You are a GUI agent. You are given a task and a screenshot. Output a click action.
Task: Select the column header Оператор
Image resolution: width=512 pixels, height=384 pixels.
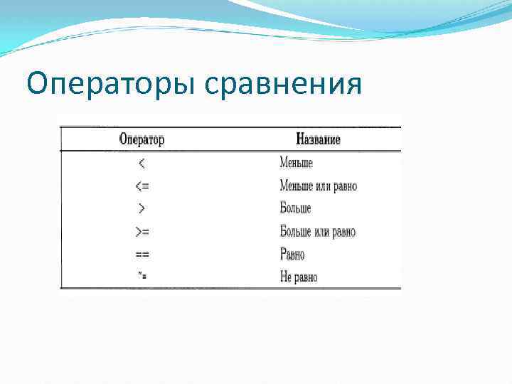pos(142,139)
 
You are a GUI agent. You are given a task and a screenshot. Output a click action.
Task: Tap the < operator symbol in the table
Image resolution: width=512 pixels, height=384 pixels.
pos(142,164)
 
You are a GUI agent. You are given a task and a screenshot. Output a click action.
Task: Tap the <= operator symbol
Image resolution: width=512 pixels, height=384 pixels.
pos(142,186)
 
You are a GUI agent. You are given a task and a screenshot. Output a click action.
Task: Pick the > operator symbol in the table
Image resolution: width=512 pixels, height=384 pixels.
pos(142,209)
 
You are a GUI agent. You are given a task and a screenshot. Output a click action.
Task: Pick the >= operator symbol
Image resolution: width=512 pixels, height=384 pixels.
pos(142,232)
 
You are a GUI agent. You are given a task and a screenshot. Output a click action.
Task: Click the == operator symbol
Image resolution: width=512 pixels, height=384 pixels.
pos(142,254)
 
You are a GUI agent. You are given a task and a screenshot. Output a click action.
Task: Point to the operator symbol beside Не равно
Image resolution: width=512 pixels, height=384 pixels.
pos(142,277)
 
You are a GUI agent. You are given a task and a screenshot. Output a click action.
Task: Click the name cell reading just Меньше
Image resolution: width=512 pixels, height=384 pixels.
pos(296,164)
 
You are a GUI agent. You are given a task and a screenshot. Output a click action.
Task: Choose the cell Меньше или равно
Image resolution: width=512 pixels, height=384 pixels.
pos(318,186)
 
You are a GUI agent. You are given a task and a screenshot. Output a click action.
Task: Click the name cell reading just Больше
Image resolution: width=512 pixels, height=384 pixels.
pos(295,209)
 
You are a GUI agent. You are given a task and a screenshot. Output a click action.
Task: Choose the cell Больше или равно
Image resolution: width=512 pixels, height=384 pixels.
pos(317,232)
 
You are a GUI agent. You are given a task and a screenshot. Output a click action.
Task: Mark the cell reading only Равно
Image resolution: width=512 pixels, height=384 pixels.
pos(292,254)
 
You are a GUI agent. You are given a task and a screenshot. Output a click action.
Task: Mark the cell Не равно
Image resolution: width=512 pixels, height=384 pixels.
pos(299,277)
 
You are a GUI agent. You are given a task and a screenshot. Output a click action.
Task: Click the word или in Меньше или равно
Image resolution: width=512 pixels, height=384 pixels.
pos(322,186)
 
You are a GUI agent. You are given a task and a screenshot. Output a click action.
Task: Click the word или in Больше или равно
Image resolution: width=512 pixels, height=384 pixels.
pos(321,232)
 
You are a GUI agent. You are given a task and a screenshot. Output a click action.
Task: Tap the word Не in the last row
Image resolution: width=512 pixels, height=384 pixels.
pos(285,277)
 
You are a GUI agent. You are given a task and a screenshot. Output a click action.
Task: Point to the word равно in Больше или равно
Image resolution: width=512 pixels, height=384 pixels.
pos(343,232)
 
